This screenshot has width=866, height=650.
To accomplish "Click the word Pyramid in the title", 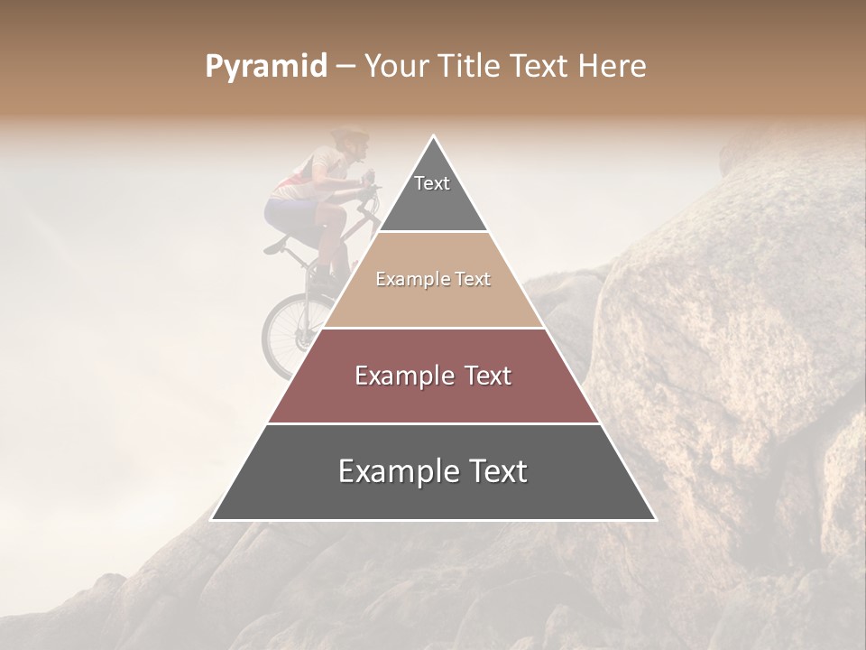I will [265, 67].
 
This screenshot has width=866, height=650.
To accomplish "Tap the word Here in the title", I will [612, 67].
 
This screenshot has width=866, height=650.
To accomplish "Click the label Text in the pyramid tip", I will [432, 183].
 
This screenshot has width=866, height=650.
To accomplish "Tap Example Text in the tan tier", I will [433, 279].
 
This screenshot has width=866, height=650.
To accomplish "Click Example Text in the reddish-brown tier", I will [433, 376].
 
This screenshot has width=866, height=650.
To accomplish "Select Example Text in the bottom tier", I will [433, 471].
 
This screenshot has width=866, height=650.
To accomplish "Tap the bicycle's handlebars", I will [370, 187].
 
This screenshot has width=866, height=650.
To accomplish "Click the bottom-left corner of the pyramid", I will [212, 519].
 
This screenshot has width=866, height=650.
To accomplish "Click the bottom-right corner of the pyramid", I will [655, 519].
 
